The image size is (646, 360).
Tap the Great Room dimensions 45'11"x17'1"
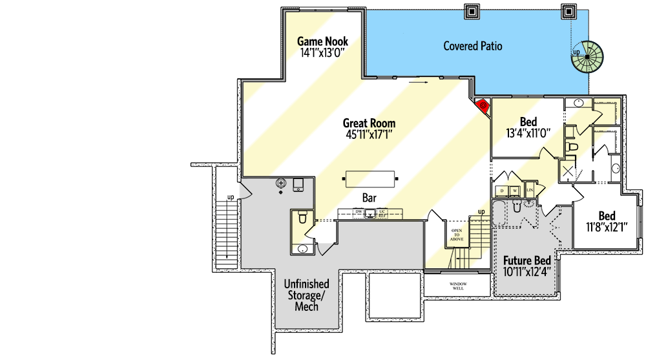tap(369, 134)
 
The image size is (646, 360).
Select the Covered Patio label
tap(472, 46)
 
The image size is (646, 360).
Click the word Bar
tap(369, 198)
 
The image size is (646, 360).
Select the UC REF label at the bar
tap(382, 213)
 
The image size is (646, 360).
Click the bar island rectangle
tap(370, 177)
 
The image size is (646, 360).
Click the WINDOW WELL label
tap(458, 284)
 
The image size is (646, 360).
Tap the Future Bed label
tap(527, 261)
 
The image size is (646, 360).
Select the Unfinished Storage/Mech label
tap(307, 295)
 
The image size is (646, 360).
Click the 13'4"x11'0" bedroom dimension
tap(527, 134)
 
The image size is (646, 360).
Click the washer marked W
tap(516, 191)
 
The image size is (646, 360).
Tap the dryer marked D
tap(502, 191)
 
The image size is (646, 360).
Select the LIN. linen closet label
tap(530, 191)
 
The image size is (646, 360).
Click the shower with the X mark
tap(568, 171)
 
